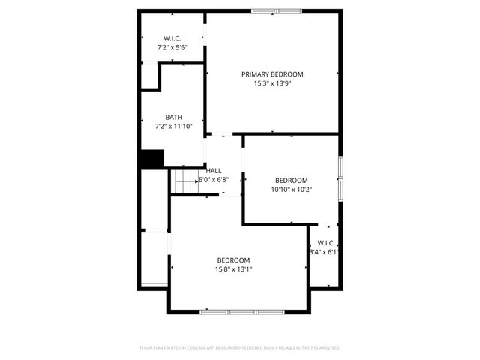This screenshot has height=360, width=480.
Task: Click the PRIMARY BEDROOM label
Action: tap(272, 74)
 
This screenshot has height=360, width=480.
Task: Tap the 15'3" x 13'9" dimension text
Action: tap(272, 84)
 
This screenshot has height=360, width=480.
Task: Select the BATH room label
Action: tap(174, 117)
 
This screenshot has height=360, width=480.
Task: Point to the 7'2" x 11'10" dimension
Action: tap(174, 127)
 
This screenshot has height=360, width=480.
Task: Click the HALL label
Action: tap(214, 171)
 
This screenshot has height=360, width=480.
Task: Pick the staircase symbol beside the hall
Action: tap(184, 181)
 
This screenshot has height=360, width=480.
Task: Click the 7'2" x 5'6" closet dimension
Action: tap(172, 48)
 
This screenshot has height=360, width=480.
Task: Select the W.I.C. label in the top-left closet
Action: tap(172, 38)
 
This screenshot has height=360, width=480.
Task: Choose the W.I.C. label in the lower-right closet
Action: tap(326, 243)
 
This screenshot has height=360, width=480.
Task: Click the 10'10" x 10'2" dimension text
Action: tap(291, 190)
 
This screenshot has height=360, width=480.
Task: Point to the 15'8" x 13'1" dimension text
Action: tap(234, 269)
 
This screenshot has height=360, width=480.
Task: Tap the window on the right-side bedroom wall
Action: tap(340, 180)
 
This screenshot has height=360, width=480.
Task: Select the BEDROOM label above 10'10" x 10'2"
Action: tap(291, 180)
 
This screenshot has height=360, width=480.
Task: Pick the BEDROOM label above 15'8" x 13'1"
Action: tap(234, 259)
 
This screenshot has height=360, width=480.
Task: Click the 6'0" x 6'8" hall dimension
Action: tap(214, 181)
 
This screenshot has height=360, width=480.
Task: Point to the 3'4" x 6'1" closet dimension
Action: tap(324, 253)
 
